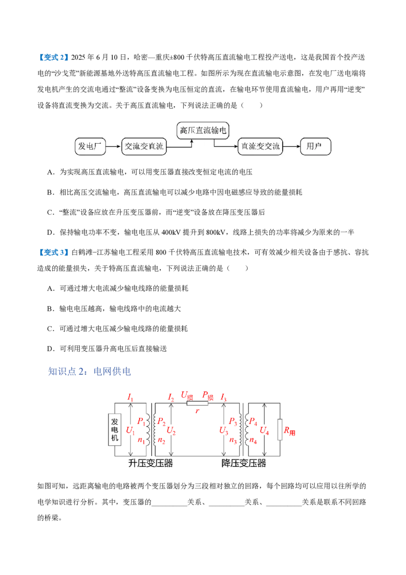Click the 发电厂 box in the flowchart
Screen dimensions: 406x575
90,146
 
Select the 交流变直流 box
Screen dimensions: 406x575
144,146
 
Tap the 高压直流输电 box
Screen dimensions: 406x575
203,131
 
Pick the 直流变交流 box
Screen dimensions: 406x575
260,146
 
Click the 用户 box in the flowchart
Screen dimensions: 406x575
316,146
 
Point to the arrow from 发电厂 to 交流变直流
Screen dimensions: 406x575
114,146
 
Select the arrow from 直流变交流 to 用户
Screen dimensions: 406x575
291,146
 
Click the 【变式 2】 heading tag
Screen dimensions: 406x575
53,57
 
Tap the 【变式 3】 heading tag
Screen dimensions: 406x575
53,252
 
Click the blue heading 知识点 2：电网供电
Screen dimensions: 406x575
89,371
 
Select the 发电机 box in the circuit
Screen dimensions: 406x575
115,430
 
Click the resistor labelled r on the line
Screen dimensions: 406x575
197,403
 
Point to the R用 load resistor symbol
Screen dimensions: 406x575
280,429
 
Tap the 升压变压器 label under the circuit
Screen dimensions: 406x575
151,463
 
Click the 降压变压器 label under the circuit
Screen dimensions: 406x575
244,463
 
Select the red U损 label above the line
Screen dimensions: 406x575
187,396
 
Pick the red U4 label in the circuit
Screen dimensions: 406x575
264,431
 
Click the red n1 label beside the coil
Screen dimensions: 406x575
142,440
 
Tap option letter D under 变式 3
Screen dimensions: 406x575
51,349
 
